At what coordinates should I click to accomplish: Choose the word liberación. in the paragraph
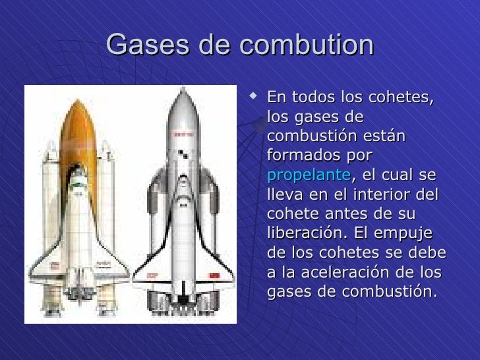coord(309,234)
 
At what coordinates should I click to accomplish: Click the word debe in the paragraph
coord(429,253)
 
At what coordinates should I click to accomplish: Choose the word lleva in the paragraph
coord(282,196)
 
